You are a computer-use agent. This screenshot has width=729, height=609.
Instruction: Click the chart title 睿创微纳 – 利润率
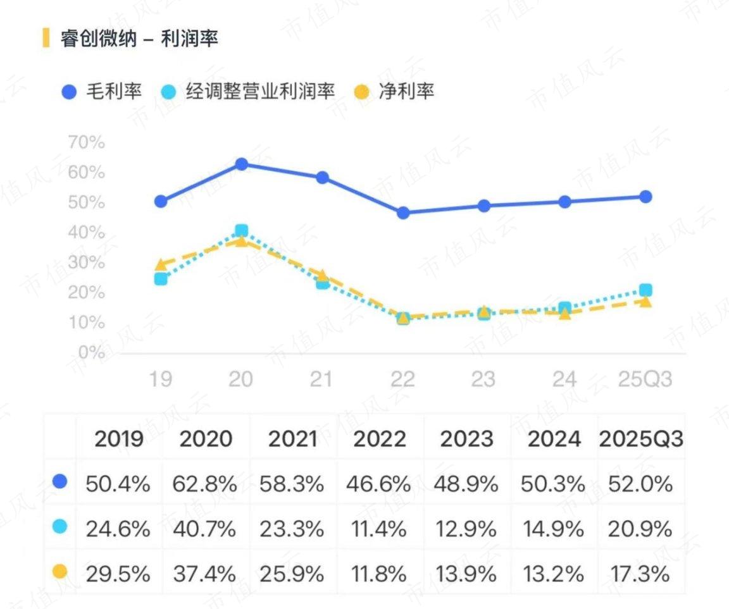139,39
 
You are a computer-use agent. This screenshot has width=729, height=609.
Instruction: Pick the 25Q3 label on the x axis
645,379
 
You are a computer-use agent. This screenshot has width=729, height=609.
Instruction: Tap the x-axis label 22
402,379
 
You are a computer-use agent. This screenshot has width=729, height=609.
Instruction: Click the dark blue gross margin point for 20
241,164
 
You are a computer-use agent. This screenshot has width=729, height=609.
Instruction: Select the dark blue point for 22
403,213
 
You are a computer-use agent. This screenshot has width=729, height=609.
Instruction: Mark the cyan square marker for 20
241,231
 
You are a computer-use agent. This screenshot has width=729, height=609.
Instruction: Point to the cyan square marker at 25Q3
645,290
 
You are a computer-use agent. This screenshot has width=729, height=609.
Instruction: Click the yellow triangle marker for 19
161,265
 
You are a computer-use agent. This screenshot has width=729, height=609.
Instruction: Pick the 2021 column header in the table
292,439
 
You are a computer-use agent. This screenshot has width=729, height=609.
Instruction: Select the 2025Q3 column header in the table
640,439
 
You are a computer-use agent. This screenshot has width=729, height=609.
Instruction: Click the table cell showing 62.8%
205,484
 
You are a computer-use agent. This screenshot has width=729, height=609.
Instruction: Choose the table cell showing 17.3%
640,574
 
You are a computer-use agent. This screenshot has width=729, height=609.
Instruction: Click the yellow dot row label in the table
60,572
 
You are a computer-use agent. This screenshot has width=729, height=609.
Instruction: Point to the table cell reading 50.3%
553,484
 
